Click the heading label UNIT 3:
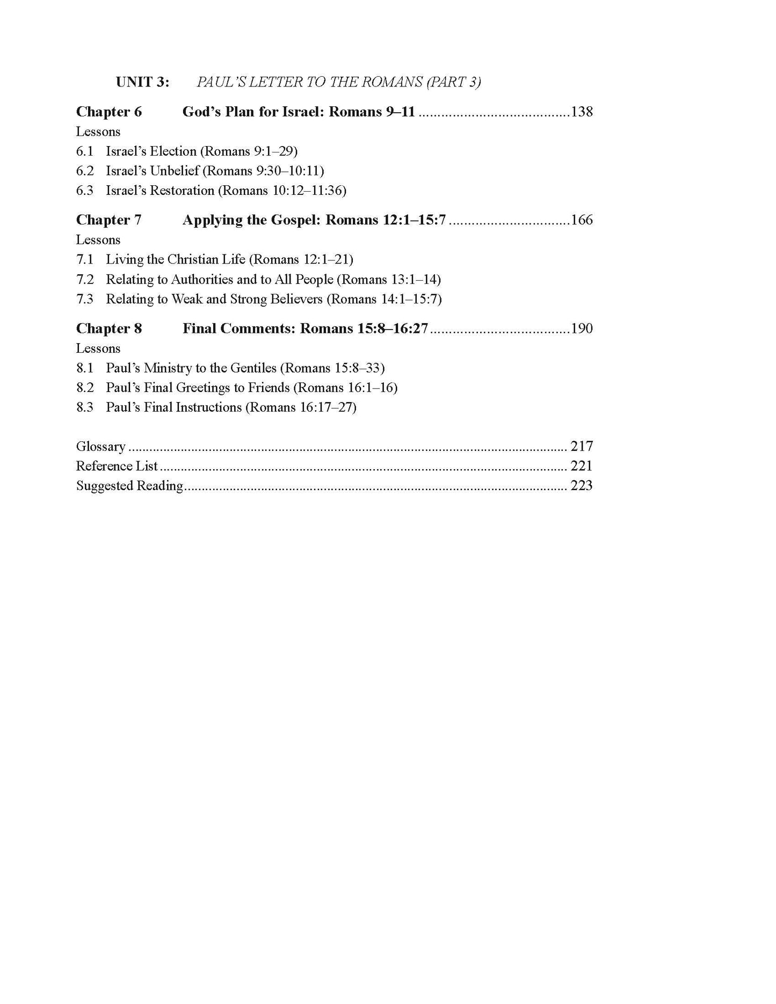tap(142, 82)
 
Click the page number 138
tap(582, 112)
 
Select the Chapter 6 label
tap(109, 112)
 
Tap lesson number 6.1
tap(85, 151)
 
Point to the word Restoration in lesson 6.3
tap(182, 191)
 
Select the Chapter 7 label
tap(109, 220)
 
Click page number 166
tap(582, 220)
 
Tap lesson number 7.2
tap(85, 280)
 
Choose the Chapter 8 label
tap(109, 329)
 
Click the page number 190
tap(582, 329)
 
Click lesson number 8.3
tap(85, 408)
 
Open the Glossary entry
tap(101, 447)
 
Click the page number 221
tap(582, 466)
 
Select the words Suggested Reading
tap(129, 486)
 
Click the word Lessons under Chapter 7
tap(98, 240)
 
